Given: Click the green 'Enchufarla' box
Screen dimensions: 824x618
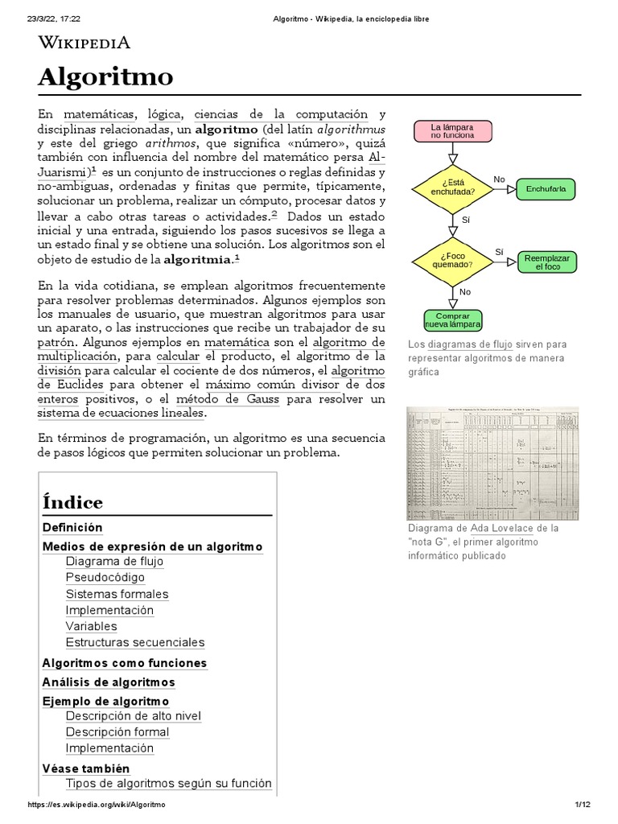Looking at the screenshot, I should click(546, 189).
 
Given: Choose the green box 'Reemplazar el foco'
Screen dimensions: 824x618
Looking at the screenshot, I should click(546, 262).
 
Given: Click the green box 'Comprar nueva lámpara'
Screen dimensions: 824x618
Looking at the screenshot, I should click(452, 319).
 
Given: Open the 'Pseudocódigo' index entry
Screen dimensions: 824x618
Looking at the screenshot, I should click(105, 578).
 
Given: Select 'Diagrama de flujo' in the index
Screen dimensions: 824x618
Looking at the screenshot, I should click(114, 562).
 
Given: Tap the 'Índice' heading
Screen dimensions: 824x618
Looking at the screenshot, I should click(72, 503).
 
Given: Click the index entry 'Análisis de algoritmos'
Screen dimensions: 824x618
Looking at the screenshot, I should click(108, 682).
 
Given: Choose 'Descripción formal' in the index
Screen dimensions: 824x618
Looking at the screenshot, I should click(117, 732).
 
